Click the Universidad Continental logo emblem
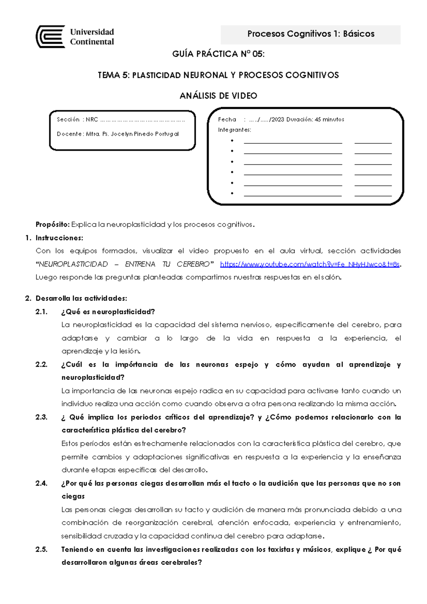[x=50, y=36]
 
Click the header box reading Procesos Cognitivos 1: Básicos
[x=310, y=34]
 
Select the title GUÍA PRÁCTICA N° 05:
[x=218, y=54]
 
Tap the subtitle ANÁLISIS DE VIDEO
[x=218, y=96]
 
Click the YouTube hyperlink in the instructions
[x=310, y=264]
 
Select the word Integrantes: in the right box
[x=234, y=130]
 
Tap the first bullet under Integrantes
[x=232, y=141]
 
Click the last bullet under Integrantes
[x=232, y=194]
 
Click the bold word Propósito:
[x=52, y=224]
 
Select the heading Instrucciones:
[x=59, y=238]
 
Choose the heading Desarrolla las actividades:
[x=81, y=298]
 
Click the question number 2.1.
[x=41, y=312]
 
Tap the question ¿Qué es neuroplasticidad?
[x=108, y=312]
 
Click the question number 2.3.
[x=41, y=417]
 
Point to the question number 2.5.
[x=41, y=549]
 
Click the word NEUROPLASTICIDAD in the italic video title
[x=73, y=264]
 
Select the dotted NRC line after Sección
[x=142, y=120]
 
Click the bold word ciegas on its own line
[x=73, y=496]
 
